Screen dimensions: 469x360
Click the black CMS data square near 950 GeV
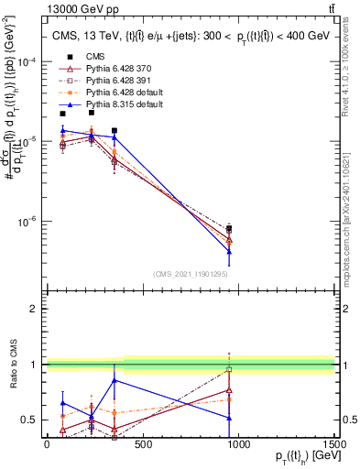pos(229,229)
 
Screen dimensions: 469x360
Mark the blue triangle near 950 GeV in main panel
pos(229,251)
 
